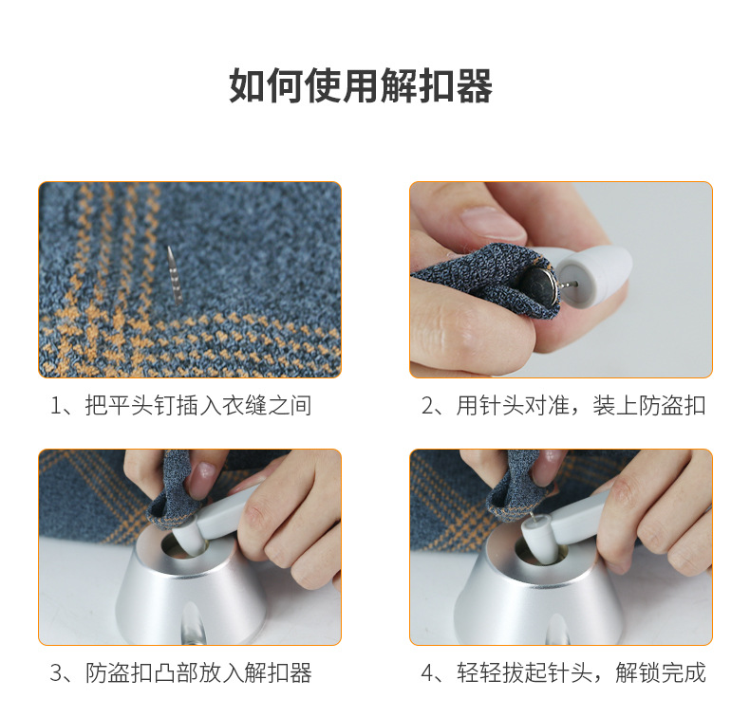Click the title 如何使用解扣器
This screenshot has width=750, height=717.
pos(361,86)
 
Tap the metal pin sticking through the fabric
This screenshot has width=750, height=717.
pos(175,275)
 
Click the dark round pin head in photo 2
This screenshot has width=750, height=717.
pos(539,287)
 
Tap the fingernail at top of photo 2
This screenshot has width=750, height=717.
pos(493,223)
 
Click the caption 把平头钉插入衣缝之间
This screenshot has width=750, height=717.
pos(198,406)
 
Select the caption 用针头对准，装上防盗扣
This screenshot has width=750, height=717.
pos(581,406)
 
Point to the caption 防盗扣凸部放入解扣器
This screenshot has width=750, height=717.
pos(198,673)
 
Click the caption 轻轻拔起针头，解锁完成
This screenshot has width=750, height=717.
pos(581,673)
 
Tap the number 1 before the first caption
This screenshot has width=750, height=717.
pos(56,406)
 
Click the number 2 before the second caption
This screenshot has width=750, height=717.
pos(427,406)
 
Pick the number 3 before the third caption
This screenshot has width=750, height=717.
pos(56,673)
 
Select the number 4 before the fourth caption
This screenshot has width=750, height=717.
pos(427,673)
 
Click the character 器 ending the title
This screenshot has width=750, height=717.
pos(475,86)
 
